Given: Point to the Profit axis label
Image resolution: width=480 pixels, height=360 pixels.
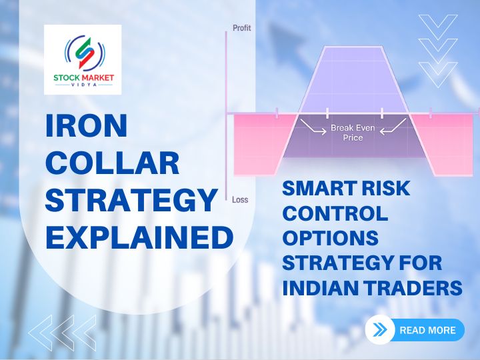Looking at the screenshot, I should coord(241,28).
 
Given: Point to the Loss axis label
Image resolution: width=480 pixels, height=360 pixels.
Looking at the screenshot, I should coord(240,199).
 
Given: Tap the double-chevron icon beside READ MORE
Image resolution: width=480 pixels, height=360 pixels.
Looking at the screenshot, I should coord(381,330).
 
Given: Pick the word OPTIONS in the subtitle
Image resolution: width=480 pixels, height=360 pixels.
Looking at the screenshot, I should coord(329,239).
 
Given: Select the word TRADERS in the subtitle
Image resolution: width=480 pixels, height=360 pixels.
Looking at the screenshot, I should coord(417,287).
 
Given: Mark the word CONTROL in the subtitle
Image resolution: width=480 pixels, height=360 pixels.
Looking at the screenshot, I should coord(335,214).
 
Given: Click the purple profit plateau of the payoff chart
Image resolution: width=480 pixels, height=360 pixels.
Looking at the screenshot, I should coord(353,73).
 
